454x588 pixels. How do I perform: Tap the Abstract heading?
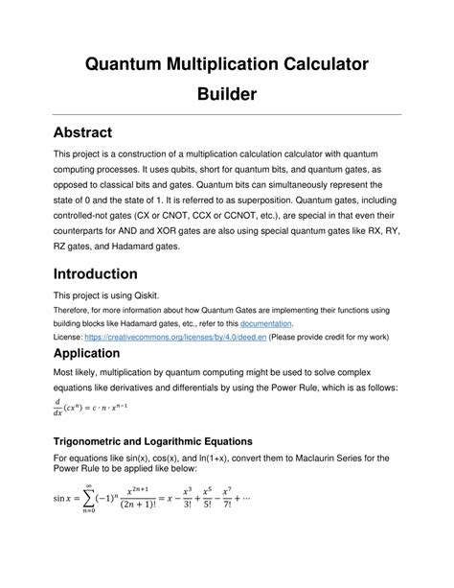(x=86, y=131)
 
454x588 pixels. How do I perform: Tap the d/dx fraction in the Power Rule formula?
(x=59, y=410)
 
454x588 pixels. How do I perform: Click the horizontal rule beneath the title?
(x=227, y=115)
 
